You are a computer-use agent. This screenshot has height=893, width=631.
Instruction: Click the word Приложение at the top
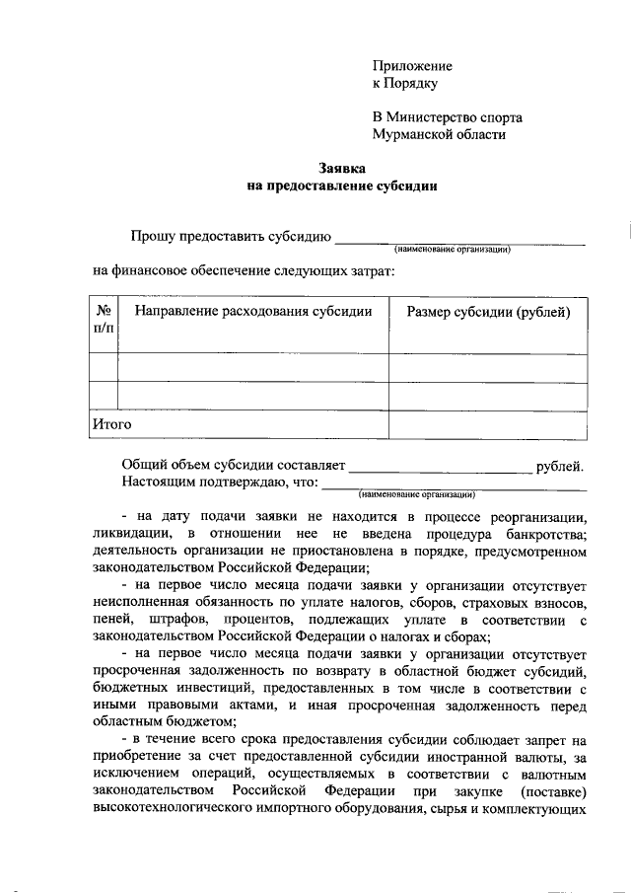pyautogui.click(x=412, y=66)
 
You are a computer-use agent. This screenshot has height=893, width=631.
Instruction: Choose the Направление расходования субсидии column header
pyautogui.click(x=252, y=312)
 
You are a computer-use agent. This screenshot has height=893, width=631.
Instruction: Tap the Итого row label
pyautogui.click(x=111, y=424)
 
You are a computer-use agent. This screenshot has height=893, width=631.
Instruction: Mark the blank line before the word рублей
pyautogui.click(x=440, y=468)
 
